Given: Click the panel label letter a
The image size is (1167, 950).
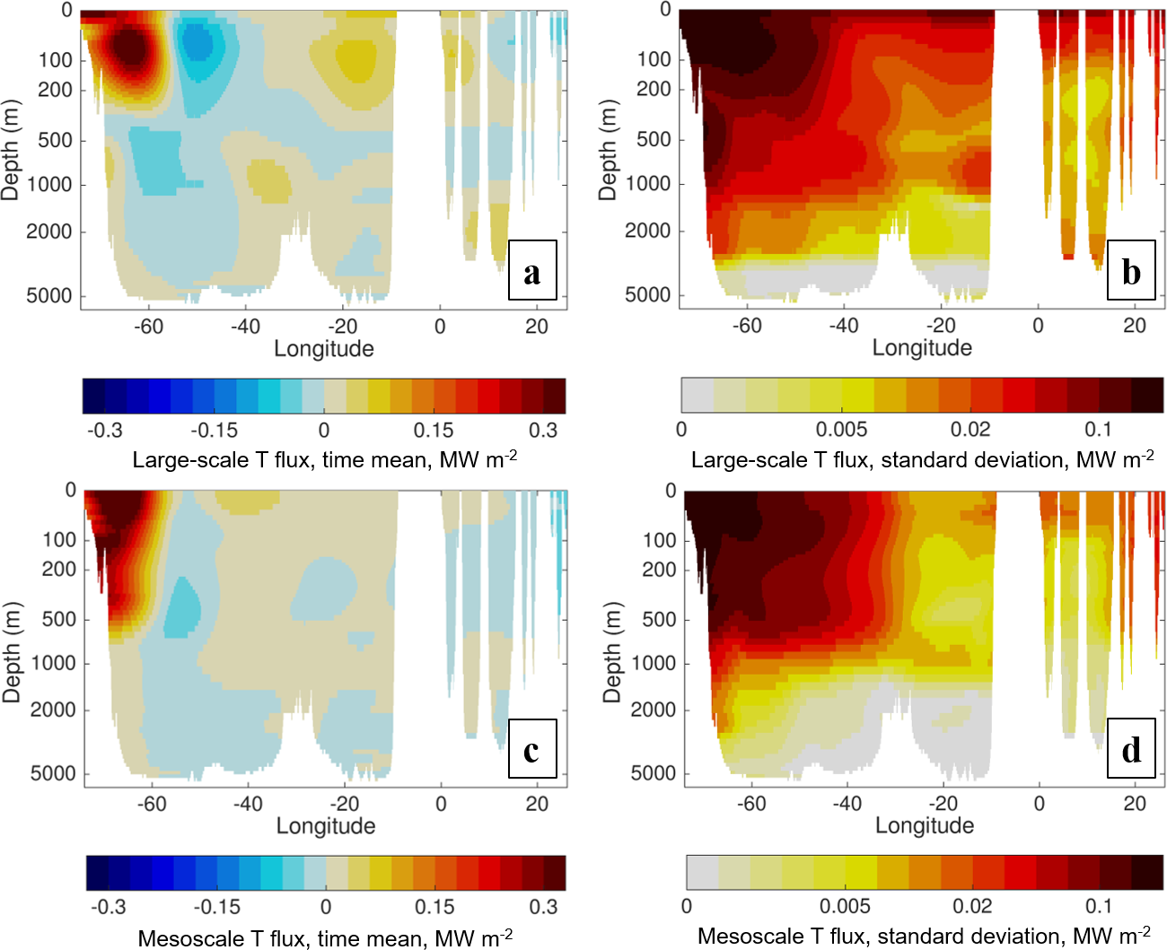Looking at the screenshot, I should (x=532, y=271).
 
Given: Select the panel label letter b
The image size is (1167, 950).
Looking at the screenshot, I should (x=1131, y=271).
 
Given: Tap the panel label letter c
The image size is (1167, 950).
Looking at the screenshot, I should (x=531, y=749).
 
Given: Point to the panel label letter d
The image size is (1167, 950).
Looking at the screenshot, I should (x=1131, y=749).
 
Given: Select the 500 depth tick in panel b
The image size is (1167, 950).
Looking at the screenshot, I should (x=654, y=140).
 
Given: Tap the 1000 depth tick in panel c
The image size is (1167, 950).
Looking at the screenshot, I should (x=53, y=663).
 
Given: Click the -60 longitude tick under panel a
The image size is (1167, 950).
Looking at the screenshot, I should (x=148, y=327).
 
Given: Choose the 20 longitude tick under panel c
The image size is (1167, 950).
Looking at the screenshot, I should (x=537, y=804).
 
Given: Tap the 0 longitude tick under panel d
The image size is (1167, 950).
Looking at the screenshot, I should (x=1039, y=804).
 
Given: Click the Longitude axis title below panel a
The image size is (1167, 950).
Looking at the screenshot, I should (x=324, y=349).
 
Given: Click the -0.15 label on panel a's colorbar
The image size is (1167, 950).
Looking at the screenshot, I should (x=214, y=431).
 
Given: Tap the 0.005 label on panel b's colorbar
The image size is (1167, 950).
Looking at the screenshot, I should (x=841, y=430).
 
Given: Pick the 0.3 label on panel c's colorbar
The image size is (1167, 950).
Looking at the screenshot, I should (x=543, y=907).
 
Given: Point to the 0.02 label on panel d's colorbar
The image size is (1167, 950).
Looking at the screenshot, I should (x=972, y=907).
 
